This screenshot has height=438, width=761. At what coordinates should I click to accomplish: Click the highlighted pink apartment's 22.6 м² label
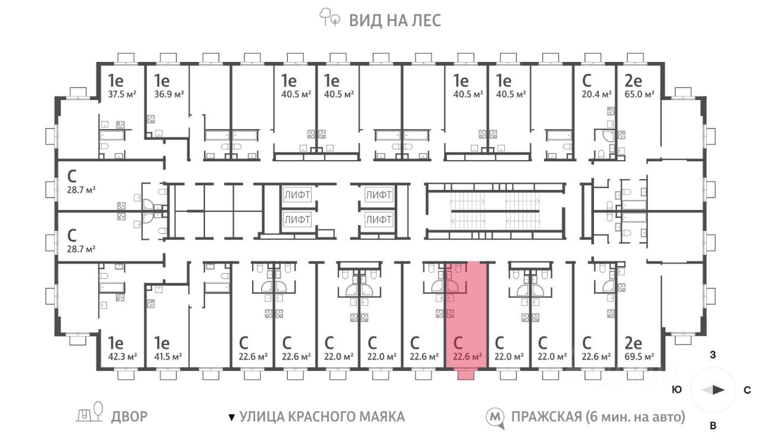click(467, 356)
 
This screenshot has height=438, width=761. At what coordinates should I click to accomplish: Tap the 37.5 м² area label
click(122, 94)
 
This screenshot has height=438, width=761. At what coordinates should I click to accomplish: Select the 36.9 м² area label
click(169, 94)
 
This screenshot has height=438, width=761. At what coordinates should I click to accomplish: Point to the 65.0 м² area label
click(639, 94)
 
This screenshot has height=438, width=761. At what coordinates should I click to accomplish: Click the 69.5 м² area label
click(639, 356)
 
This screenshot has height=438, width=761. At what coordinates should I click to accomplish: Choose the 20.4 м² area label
click(596, 94)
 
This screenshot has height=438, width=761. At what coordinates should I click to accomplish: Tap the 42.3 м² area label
click(122, 356)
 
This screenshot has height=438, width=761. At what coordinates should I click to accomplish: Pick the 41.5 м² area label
click(168, 356)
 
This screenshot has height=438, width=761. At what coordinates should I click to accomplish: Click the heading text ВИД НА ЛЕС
click(395, 20)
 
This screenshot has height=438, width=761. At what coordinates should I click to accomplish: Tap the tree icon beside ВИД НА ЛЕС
click(329, 17)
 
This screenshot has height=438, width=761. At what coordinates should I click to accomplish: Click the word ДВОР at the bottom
click(130, 417)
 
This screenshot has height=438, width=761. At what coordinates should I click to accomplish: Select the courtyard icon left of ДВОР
click(89, 412)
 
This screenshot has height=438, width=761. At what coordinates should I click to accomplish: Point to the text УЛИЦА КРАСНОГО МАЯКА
click(322, 417)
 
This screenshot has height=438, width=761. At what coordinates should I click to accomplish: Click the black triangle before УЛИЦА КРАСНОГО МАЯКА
click(232, 417)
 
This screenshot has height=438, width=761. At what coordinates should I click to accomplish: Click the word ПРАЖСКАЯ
click(546, 417)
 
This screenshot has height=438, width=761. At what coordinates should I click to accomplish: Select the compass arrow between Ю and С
click(713, 390)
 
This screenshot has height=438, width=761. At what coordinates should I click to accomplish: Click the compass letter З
click(713, 355)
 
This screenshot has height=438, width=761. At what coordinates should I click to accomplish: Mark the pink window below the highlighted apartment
click(466, 375)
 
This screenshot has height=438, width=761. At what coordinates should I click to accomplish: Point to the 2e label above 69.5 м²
click(633, 343)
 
